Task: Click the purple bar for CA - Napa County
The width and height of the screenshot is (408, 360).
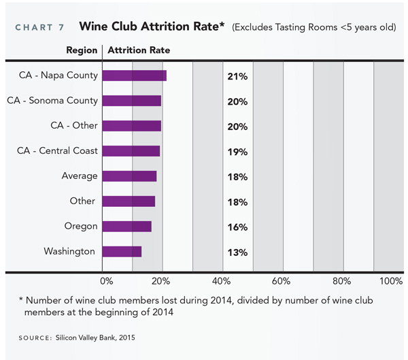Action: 135,76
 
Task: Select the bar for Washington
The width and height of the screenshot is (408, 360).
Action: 122,252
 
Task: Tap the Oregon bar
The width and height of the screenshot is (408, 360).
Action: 127,227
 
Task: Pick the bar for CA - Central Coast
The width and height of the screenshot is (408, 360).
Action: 131,151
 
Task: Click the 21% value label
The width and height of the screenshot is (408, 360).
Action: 237,76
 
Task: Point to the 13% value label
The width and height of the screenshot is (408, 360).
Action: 237,252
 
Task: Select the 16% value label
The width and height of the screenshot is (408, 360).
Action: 237,227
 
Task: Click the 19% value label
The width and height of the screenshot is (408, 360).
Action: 237,152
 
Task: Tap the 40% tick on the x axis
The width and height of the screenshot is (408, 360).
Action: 222,281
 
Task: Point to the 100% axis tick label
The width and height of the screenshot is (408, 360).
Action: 391,281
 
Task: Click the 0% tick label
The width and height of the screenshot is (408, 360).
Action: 107,281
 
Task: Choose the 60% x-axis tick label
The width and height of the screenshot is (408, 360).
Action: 282,281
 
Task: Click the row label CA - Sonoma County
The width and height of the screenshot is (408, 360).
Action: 52,101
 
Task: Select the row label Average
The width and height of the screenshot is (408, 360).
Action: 80,176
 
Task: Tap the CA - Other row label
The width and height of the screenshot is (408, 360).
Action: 74,126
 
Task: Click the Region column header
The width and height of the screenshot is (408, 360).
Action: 82,50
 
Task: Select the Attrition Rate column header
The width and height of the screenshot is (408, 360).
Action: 139,50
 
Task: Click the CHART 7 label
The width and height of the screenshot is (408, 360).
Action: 39,28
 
